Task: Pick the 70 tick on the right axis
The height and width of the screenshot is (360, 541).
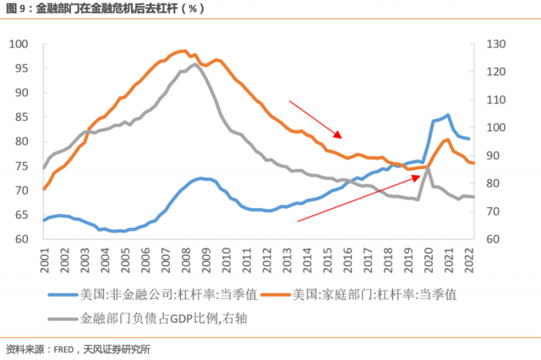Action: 494,211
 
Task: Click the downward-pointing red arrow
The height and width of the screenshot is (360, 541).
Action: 314,118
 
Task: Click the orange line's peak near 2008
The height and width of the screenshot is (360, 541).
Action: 183,51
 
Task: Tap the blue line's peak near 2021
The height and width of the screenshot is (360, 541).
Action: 447,115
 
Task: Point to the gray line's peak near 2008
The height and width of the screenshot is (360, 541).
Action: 194,64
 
